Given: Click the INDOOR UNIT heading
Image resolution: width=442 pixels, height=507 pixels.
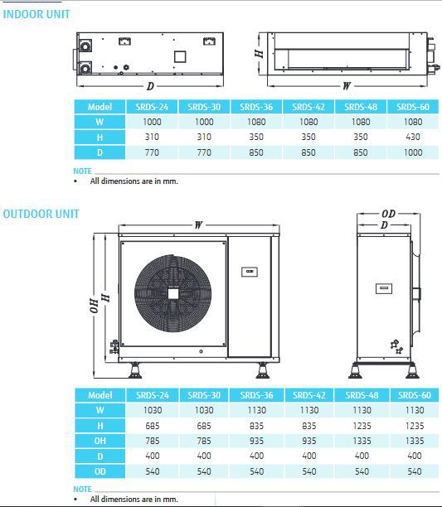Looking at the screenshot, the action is tap(36, 14).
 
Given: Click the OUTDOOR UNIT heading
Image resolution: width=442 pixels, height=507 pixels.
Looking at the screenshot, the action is tap(41, 214).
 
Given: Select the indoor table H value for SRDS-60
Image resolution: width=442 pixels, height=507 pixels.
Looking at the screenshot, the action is tap(413, 137).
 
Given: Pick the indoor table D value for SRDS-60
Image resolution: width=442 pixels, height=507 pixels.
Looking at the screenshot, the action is tap(413, 152).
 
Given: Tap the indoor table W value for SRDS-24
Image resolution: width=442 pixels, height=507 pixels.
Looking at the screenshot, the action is tap(152, 122).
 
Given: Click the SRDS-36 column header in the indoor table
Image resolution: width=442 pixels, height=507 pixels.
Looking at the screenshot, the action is tap(256, 107).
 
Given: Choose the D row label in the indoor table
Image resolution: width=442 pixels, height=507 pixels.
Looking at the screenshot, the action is tap(100, 152).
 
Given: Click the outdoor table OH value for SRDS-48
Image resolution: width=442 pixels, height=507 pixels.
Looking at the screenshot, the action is tap(362, 441).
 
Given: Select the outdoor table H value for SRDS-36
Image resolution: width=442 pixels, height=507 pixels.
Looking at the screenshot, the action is tap(256, 426).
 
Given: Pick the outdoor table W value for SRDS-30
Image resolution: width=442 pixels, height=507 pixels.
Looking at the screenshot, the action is tap(204, 410).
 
